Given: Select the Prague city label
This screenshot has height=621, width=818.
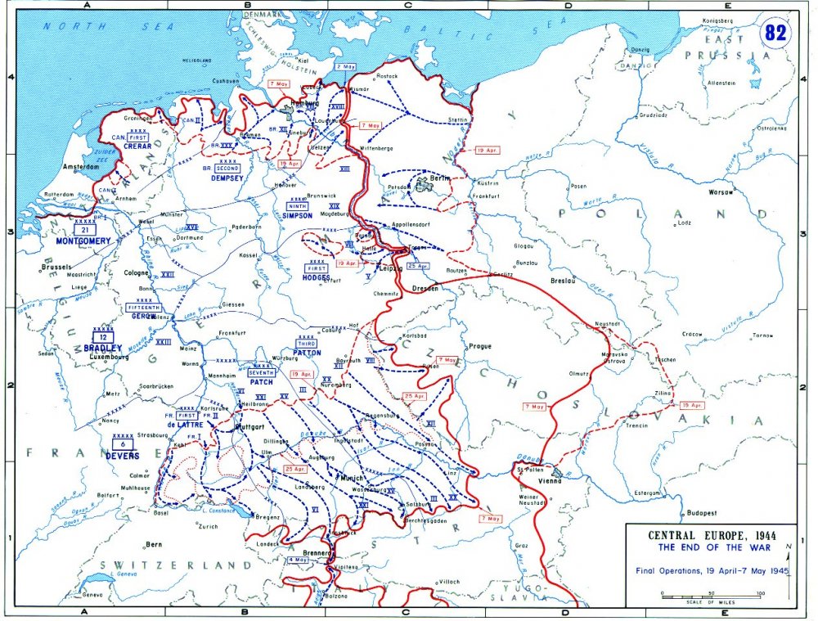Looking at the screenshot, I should click(x=480, y=346).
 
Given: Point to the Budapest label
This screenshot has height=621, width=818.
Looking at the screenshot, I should click(x=701, y=513).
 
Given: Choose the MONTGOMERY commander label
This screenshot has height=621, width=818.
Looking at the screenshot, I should click(x=83, y=242).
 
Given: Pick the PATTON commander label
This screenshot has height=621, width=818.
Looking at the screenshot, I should click(x=307, y=354).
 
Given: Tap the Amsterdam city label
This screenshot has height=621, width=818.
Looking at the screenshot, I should click(x=80, y=167).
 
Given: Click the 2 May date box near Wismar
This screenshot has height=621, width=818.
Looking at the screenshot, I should click(x=345, y=66).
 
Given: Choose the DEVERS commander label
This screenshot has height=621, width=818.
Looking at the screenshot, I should click(x=121, y=455).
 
